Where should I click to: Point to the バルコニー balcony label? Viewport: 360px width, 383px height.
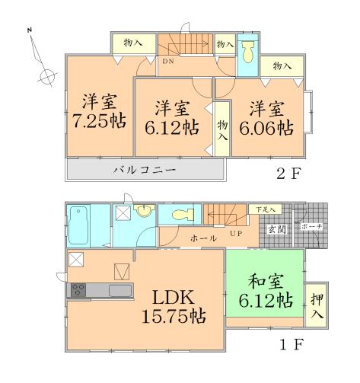click(145, 169)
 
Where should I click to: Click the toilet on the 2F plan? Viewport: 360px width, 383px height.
click(248, 54)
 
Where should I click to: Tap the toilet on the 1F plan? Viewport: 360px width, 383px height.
click(180, 215)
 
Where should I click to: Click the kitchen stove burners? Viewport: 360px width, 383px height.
click(78, 289)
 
